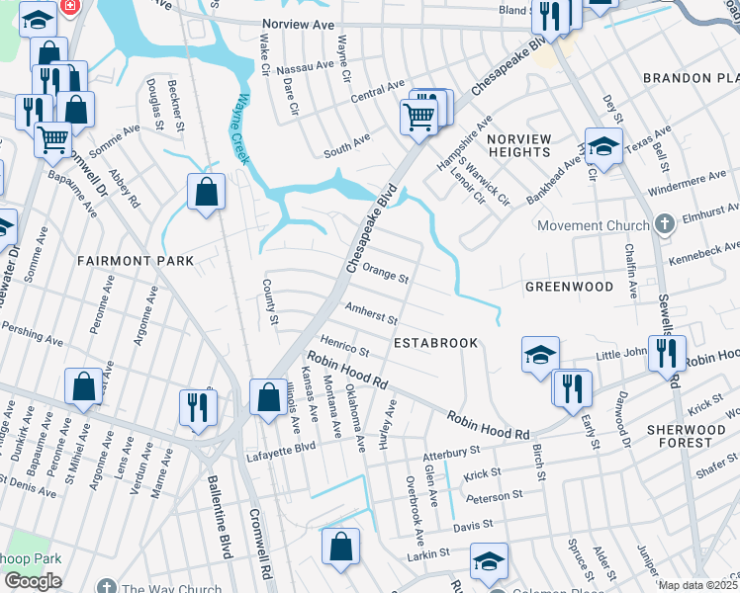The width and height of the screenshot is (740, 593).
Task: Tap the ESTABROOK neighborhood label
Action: (435, 343)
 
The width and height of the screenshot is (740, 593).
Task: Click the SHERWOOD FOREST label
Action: (693, 436)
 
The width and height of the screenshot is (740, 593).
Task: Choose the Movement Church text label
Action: (594, 225)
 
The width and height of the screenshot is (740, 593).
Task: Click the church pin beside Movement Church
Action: (664, 224)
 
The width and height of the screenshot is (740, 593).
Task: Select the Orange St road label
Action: (385, 273)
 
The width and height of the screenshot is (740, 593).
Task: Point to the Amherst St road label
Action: (370, 314)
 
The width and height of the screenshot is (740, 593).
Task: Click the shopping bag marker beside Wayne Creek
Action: (206, 194)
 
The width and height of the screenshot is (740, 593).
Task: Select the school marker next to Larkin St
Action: (489, 561)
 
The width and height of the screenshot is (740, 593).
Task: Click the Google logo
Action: (33, 581)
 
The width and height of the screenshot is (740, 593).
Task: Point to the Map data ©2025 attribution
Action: (697, 585)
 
